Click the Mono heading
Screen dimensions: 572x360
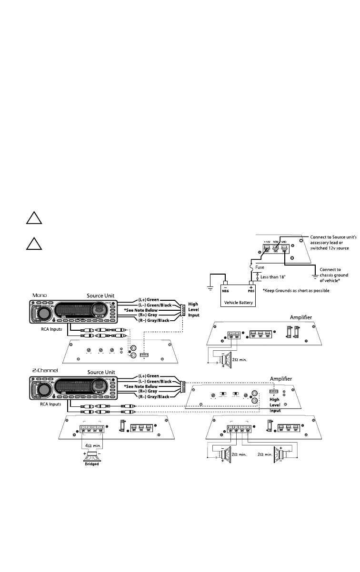coord(40,295)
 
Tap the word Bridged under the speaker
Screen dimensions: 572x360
coord(90,464)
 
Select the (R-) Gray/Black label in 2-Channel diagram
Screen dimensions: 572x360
coord(153,396)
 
